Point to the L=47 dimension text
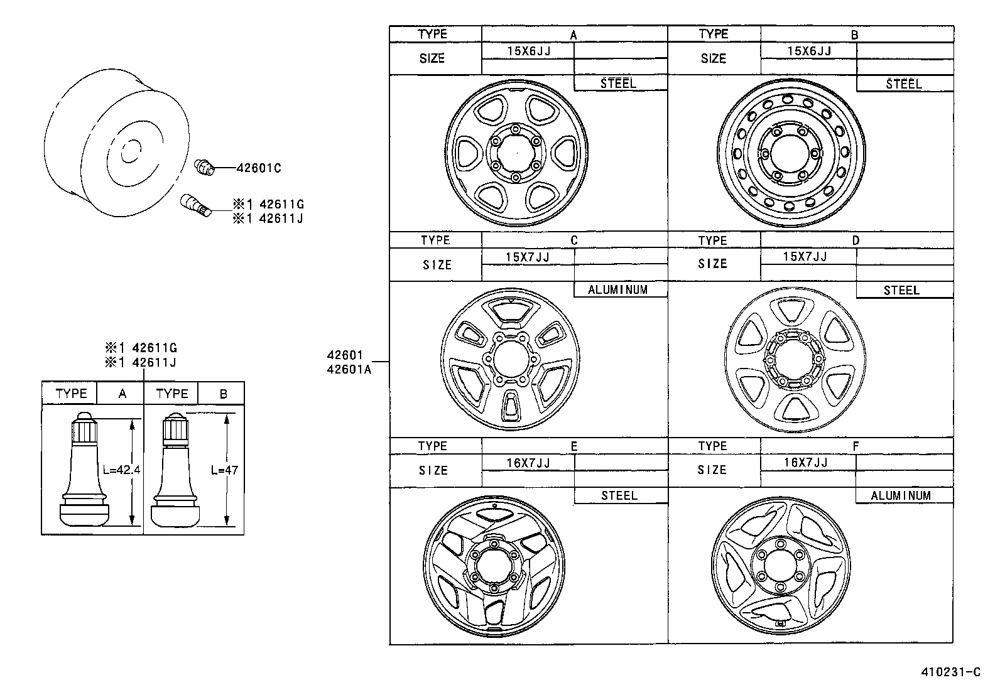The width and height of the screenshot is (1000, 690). [x=224, y=470]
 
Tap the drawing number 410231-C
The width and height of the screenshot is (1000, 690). [x=950, y=672]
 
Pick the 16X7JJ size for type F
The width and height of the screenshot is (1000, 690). [x=805, y=463]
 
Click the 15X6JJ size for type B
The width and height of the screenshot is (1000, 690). [x=809, y=51]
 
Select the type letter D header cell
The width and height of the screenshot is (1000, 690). [x=855, y=240]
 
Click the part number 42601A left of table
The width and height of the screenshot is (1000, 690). [x=349, y=370]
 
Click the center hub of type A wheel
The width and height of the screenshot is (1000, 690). [x=515, y=153]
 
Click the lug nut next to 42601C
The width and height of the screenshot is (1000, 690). [x=205, y=167]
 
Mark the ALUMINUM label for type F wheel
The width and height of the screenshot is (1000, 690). [x=901, y=496]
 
